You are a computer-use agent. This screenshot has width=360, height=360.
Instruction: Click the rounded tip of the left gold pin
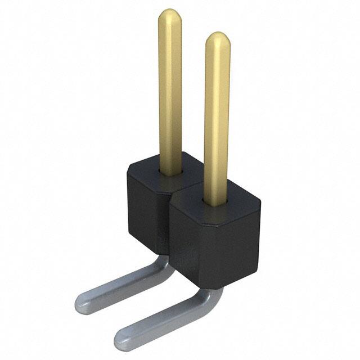click(169, 15)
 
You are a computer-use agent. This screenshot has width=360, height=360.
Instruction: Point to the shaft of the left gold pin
click(170, 90)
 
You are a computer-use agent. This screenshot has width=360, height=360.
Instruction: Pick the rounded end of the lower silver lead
click(123, 336)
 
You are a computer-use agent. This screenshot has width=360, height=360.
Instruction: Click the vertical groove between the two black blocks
click(169, 225)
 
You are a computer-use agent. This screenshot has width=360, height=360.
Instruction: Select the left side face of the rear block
click(138, 214)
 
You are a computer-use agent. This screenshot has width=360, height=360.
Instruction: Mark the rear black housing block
click(146, 202)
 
